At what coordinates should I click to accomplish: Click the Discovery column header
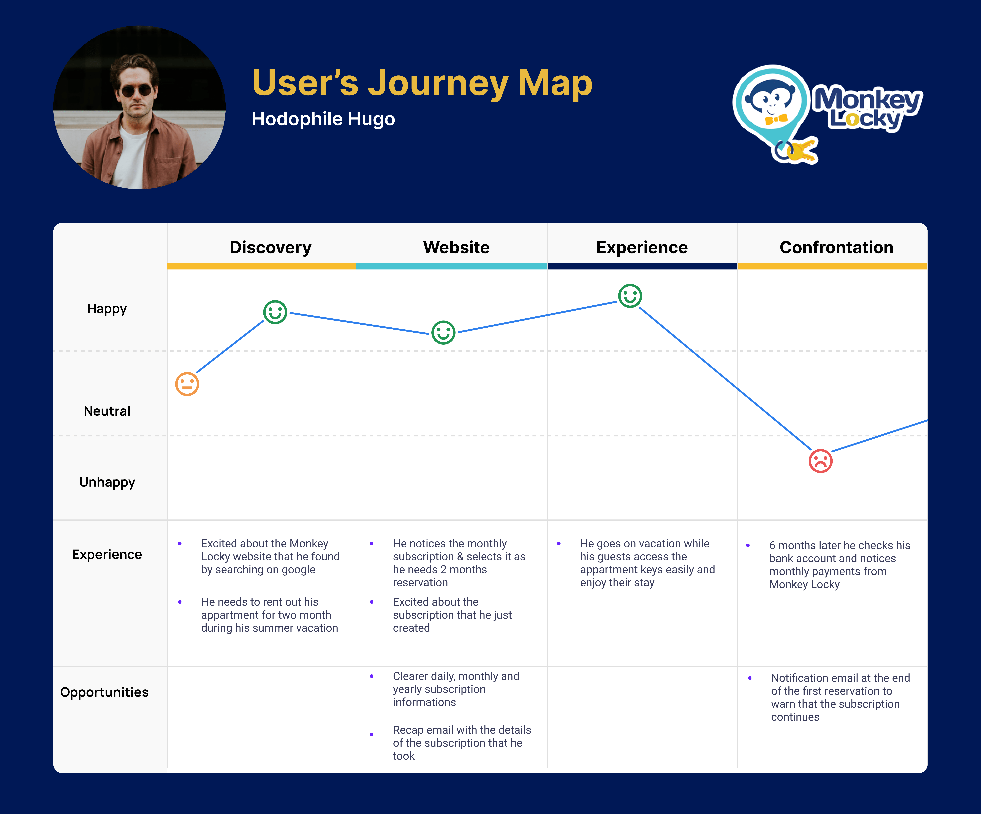271,247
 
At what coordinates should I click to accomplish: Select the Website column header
456,247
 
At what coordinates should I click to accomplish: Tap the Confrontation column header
836,247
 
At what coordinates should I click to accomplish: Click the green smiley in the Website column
443,332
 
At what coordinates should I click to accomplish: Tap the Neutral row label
107,411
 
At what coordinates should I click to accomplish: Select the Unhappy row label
107,482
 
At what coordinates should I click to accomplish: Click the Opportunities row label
104,692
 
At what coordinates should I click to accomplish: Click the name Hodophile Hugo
323,119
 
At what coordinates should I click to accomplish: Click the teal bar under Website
452,266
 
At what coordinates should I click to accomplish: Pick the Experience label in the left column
107,554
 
